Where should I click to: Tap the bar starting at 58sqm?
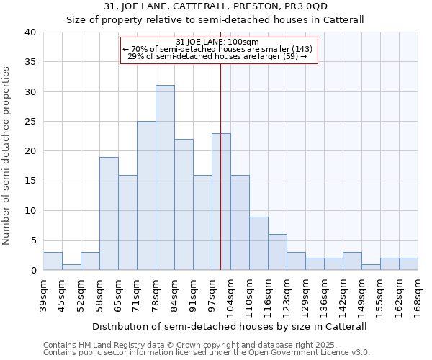(109, 214)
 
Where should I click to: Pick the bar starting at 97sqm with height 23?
(221, 202)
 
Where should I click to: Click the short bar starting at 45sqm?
(71, 267)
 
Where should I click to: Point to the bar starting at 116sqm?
(277, 252)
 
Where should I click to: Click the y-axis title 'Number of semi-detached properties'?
(7, 156)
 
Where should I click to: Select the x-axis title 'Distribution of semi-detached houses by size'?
(230, 326)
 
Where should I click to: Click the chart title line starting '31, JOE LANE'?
(215, 6)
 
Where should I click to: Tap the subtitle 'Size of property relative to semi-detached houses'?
(215, 19)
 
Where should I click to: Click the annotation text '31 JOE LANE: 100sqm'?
(218, 41)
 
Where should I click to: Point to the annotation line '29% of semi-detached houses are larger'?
(218, 56)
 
